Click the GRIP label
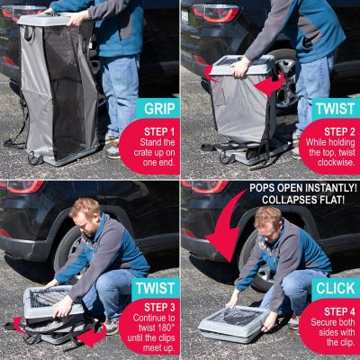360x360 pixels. click(156, 109)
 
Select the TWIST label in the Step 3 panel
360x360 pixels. click(156, 289)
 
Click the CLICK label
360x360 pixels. click(334, 289)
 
